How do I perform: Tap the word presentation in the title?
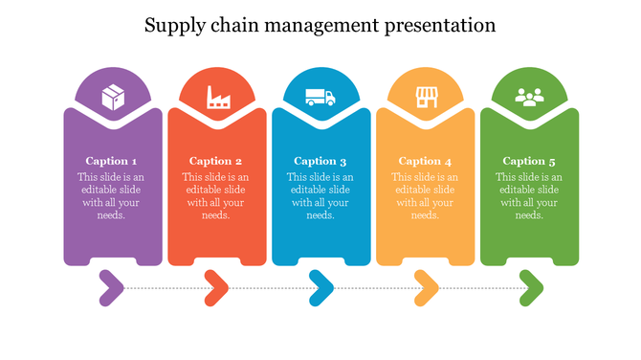pyautogui.click(x=442, y=26)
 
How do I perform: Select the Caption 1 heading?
pyautogui.click(x=111, y=161)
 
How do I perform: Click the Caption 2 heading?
pyautogui.click(x=215, y=161)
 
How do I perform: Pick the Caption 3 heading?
pyautogui.click(x=320, y=161)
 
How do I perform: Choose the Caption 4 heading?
pyautogui.click(x=425, y=161)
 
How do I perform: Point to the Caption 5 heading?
pyautogui.click(x=529, y=161)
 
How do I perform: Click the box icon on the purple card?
pyautogui.click(x=113, y=96)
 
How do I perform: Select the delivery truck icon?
pyautogui.click(x=320, y=96)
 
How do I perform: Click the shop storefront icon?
pyautogui.click(x=425, y=96)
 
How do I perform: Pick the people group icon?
pyautogui.click(x=529, y=96)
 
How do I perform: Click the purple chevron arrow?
pyautogui.click(x=112, y=286)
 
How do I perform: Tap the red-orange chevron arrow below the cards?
pyautogui.click(x=217, y=286)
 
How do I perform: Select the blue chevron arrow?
pyautogui.click(x=321, y=286)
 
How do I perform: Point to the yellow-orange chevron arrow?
pyautogui.click(x=427, y=286)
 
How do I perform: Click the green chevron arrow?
pyautogui.click(x=531, y=286)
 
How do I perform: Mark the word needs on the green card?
pyautogui.click(x=528, y=215)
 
